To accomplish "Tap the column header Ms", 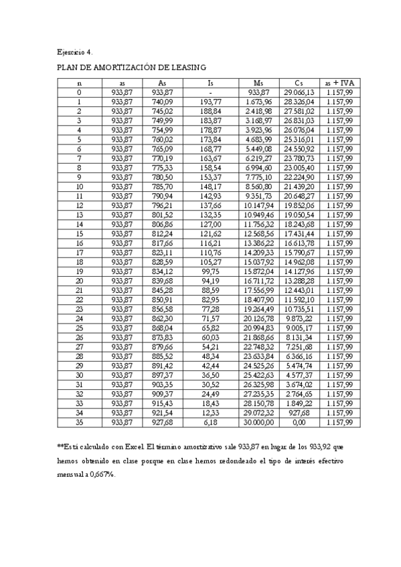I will pos(258,84).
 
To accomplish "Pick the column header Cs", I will pos(299,84).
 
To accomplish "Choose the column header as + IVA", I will pos(339,84).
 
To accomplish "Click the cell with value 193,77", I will pos(210,102).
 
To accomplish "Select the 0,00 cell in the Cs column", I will pos(299,423).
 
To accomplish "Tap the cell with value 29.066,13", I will pos(299,92).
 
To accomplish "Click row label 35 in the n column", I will pos(80,423).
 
